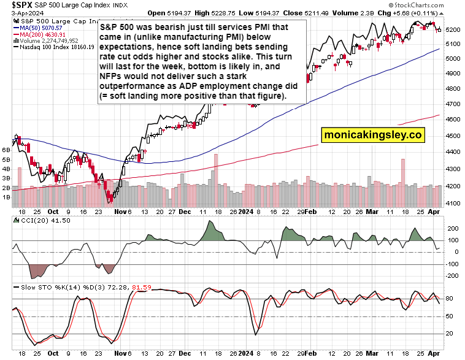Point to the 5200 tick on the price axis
(x=453, y=29)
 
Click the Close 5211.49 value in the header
(x=298, y=13)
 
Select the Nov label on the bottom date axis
(x=118, y=354)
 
